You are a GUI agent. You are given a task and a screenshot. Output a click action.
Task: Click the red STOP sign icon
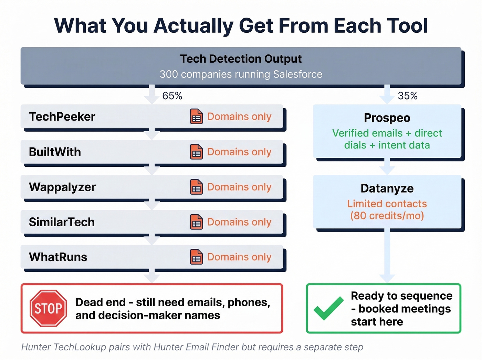click(x=48, y=308)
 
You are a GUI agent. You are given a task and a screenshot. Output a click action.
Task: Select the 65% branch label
click(x=172, y=96)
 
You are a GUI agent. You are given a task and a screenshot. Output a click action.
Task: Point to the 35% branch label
click(x=408, y=96)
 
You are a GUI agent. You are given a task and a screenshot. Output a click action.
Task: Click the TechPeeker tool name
click(x=62, y=117)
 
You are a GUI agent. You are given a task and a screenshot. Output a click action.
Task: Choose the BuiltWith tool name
click(x=55, y=152)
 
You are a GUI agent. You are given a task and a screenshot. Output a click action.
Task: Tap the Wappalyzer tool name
click(x=62, y=187)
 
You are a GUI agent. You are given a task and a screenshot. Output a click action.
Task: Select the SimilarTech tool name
click(x=62, y=222)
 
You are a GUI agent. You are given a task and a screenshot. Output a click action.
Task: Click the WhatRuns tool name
click(x=58, y=257)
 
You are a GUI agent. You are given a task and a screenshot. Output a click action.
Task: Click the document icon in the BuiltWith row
click(x=196, y=152)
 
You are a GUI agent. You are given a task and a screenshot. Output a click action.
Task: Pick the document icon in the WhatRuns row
click(x=196, y=257)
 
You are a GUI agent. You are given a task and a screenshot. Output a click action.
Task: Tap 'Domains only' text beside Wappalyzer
click(x=239, y=187)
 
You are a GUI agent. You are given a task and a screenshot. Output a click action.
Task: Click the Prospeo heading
click(x=387, y=118)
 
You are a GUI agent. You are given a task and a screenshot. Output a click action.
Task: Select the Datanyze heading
click(x=387, y=188)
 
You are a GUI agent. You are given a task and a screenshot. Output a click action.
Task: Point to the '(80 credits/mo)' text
click(x=387, y=216)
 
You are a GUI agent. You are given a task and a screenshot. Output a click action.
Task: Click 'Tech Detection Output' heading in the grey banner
click(x=241, y=59)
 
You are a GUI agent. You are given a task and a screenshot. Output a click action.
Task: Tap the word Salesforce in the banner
click(x=297, y=74)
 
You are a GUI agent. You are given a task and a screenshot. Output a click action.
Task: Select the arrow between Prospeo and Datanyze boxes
click(x=387, y=167)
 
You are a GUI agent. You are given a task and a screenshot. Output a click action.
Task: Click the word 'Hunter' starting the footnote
click(x=36, y=347)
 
